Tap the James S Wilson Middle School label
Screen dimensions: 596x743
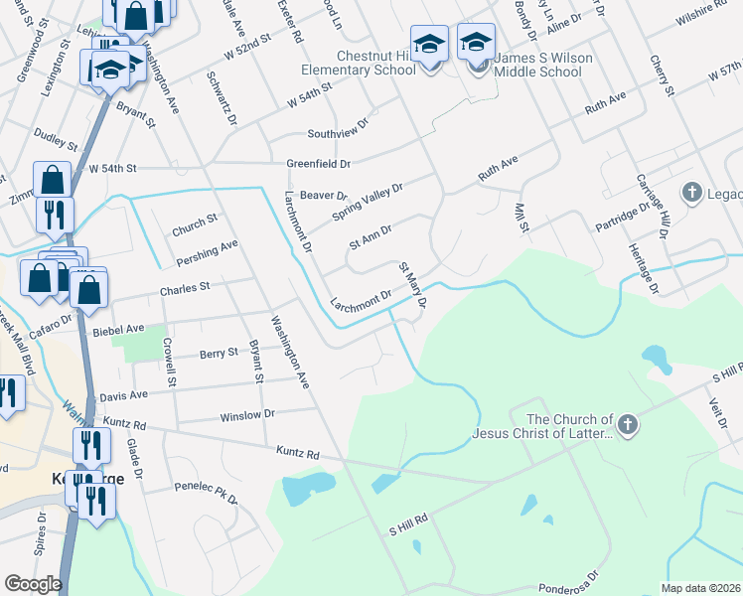point(536,66)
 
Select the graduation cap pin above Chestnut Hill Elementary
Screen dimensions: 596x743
point(429,46)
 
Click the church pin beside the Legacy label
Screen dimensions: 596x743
point(692,191)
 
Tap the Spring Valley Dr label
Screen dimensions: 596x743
point(368,202)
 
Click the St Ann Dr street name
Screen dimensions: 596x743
point(371,235)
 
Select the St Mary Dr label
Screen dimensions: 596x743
point(412,284)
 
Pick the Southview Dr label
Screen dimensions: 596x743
point(337,132)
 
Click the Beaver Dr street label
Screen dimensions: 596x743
point(323,196)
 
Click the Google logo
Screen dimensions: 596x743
point(33,584)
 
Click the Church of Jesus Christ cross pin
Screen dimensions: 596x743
point(627,426)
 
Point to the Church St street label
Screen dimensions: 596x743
point(194,222)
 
